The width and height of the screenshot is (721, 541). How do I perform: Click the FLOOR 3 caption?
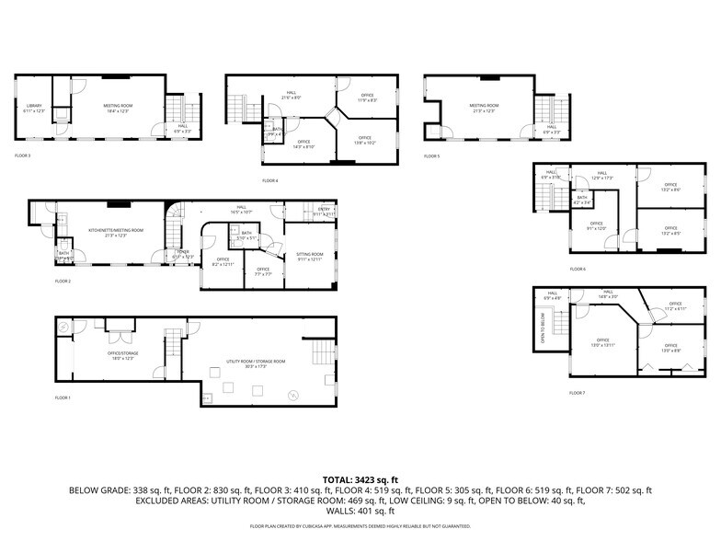pos(23,155)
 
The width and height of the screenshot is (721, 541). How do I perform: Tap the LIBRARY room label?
pos(35,106)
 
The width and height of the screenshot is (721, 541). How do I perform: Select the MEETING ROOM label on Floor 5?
pos(484,106)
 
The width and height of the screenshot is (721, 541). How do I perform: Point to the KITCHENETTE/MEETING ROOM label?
pos(116,230)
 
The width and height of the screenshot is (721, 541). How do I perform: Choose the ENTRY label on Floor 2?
pos(324,209)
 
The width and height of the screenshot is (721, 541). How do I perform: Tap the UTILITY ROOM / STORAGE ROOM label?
pos(256,362)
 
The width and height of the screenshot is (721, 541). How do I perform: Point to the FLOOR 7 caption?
pos(577,393)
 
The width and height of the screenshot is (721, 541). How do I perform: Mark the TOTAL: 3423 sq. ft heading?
pos(360,480)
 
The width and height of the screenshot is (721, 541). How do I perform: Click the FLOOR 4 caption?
pos(269,180)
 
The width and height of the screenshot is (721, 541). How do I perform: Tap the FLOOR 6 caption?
pos(577,269)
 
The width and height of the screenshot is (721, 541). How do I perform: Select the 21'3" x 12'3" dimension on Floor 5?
pos(484,111)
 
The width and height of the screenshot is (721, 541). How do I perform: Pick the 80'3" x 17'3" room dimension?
pos(256,367)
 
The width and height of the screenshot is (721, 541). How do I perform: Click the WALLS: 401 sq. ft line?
pos(360,511)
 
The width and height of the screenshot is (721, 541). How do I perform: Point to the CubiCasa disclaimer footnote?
pos(360,526)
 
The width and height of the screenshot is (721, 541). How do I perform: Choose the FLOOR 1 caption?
pos(63,397)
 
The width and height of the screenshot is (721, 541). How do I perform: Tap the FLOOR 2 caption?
pos(63,281)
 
